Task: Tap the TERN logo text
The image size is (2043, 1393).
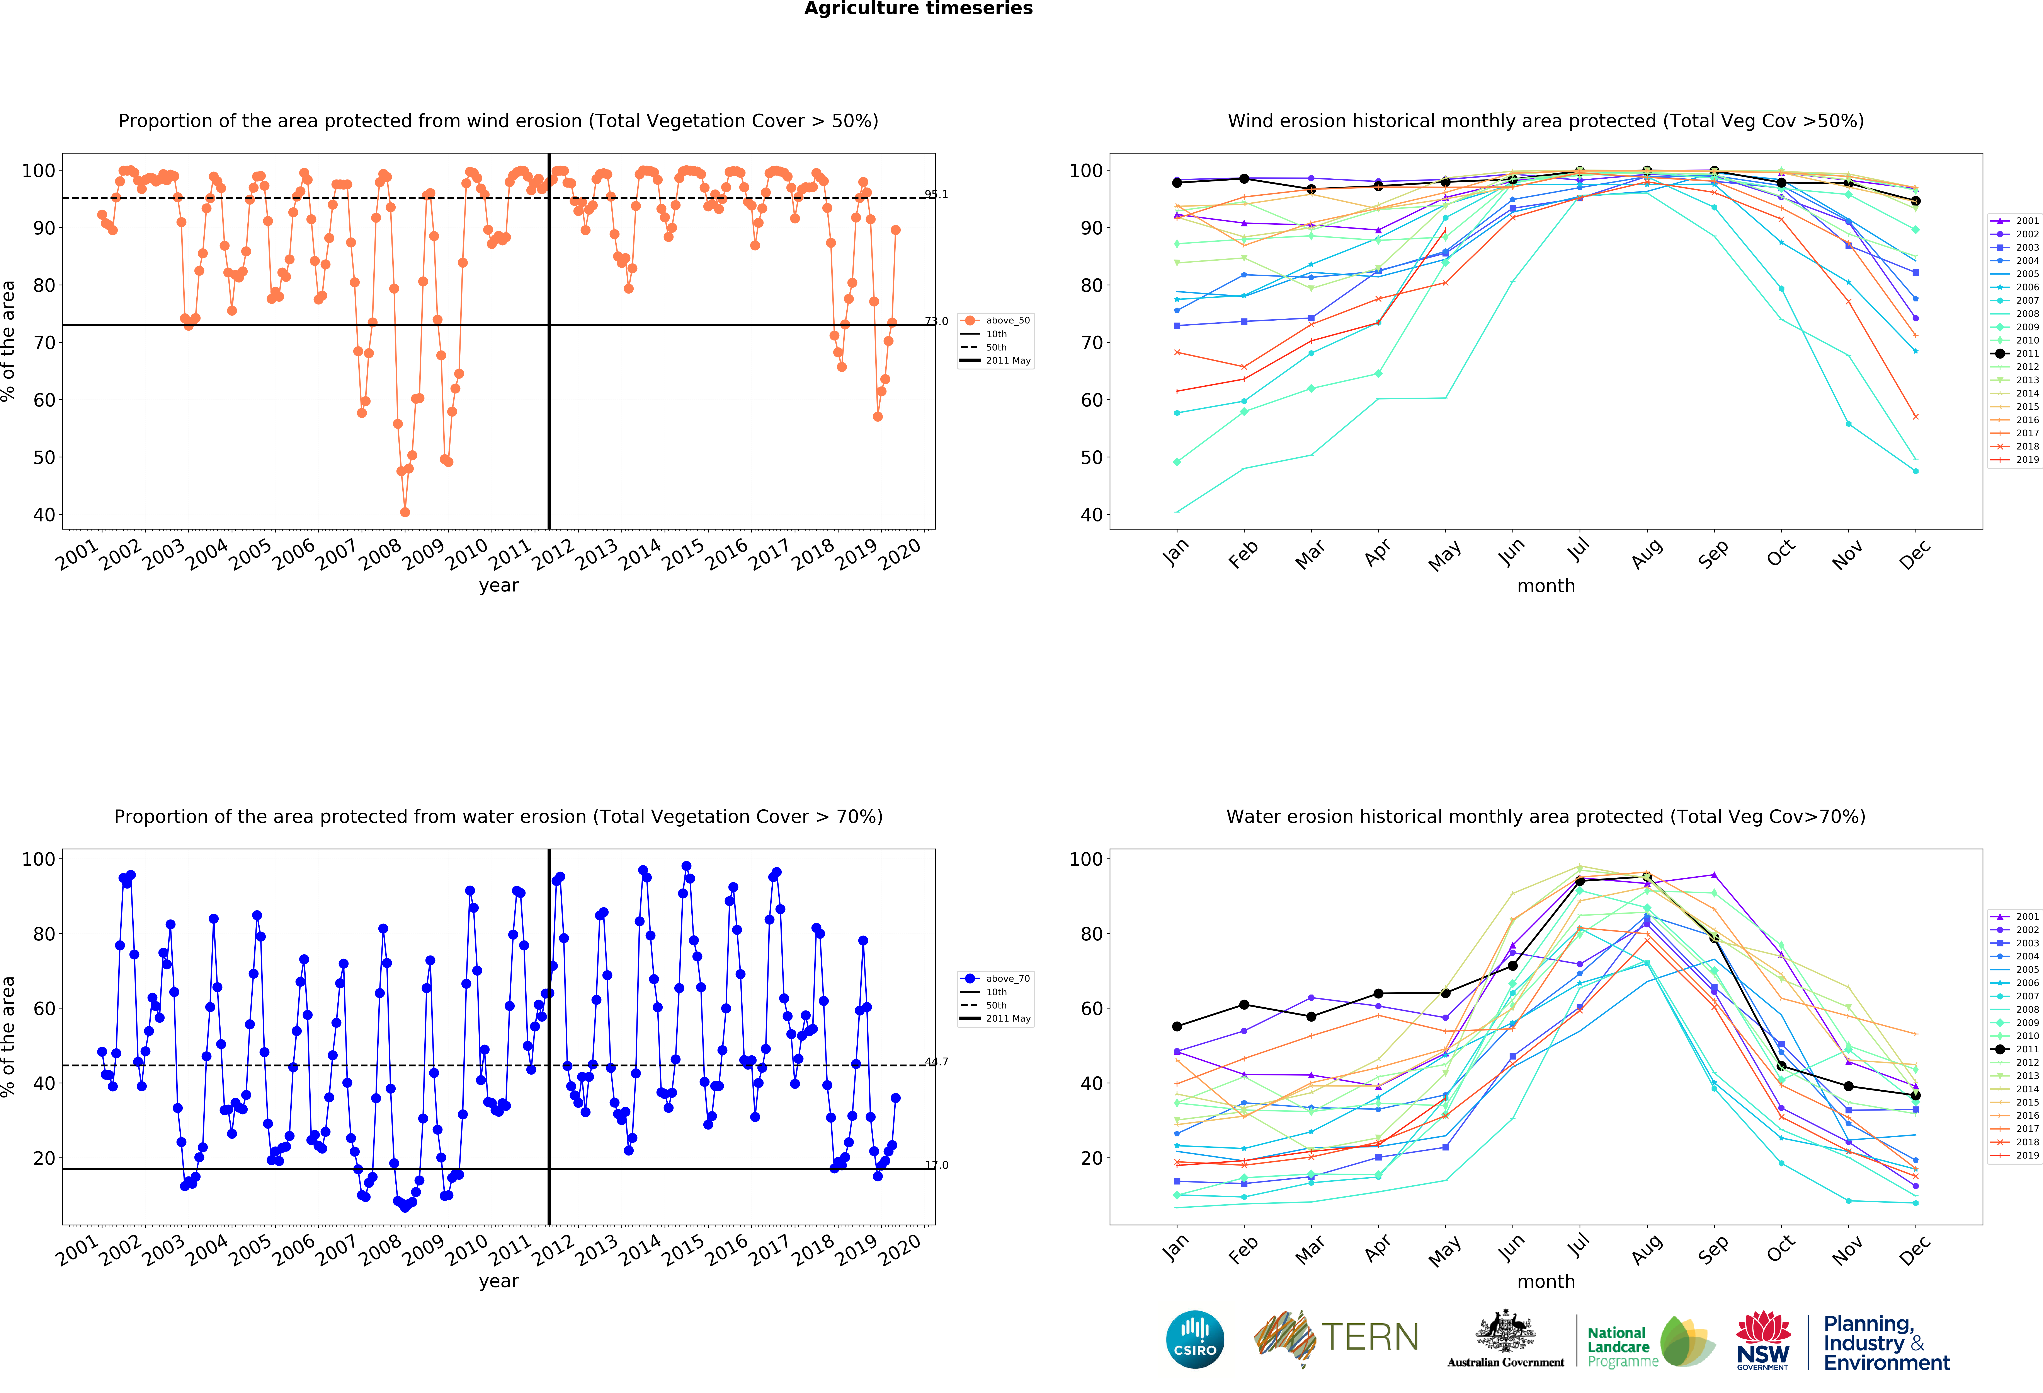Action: coord(1370,1338)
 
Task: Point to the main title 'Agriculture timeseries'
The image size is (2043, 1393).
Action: coord(919,9)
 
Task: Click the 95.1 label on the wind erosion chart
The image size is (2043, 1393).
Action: coord(936,194)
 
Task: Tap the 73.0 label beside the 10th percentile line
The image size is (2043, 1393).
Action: coord(936,321)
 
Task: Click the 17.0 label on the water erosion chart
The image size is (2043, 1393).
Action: coord(936,1165)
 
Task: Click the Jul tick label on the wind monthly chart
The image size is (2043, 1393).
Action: coord(1579,550)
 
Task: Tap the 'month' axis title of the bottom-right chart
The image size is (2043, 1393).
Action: coord(1546,1281)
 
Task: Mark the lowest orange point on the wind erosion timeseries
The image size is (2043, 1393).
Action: coord(404,512)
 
